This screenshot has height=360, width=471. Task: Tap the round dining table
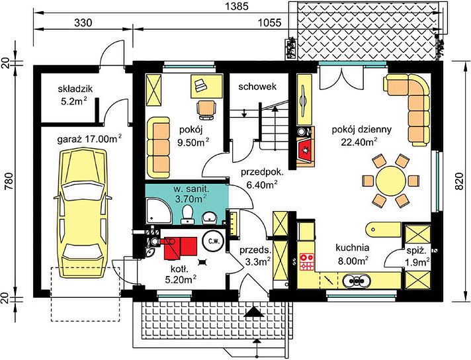click(391, 181)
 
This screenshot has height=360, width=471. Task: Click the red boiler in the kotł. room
click(179, 248)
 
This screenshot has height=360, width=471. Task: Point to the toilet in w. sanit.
click(188, 214)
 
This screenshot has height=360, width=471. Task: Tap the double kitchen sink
click(357, 281)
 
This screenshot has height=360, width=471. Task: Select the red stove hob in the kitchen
click(307, 262)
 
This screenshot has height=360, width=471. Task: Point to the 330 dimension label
click(83, 23)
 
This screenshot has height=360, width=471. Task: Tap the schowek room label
click(257, 87)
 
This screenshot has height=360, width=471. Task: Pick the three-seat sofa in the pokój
click(159, 148)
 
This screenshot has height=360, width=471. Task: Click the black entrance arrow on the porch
click(255, 312)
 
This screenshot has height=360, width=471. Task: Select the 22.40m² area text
click(359, 142)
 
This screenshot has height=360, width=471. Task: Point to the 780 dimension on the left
click(10, 181)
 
